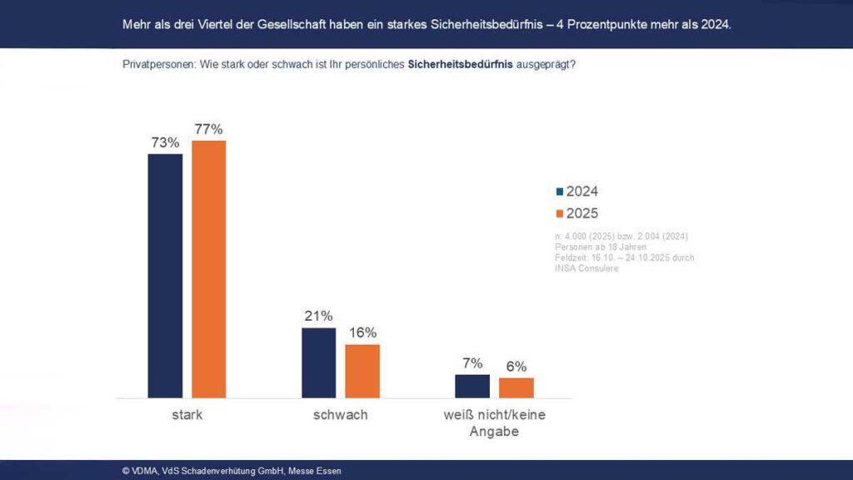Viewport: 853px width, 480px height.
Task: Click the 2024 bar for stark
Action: pyautogui.click(x=165, y=275)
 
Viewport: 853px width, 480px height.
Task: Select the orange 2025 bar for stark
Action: pyautogui.click(x=209, y=268)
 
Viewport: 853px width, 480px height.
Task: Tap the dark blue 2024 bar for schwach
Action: pyautogui.click(x=318, y=362)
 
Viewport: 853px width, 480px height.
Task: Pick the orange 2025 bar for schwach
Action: pyautogui.click(x=362, y=371)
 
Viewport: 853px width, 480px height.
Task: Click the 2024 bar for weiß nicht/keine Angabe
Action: pyautogui.click(x=472, y=386)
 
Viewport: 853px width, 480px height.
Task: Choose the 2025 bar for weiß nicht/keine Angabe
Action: pyautogui.click(x=516, y=387)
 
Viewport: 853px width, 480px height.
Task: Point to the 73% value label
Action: pyautogui.click(x=165, y=142)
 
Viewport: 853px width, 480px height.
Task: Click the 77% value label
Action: pyautogui.click(x=209, y=129)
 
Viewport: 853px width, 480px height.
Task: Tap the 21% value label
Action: pyautogui.click(x=318, y=316)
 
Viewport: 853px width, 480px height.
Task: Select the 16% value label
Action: pyautogui.click(x=362, y=332)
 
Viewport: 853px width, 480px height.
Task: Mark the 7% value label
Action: pyautogui.click(x=472, y=363)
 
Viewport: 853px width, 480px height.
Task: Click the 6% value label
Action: pyautogui.click(x=516, y=367)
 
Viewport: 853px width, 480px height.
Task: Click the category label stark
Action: pyautogui.click(x=187, y=414)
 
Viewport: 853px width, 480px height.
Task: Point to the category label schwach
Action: pyautogui.click(x=340, y=414)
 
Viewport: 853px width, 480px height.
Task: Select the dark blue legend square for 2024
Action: pyautogui.click(x=560, y=192)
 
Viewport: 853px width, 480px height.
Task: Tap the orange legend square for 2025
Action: pyautogui.click(x=560, y=213)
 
